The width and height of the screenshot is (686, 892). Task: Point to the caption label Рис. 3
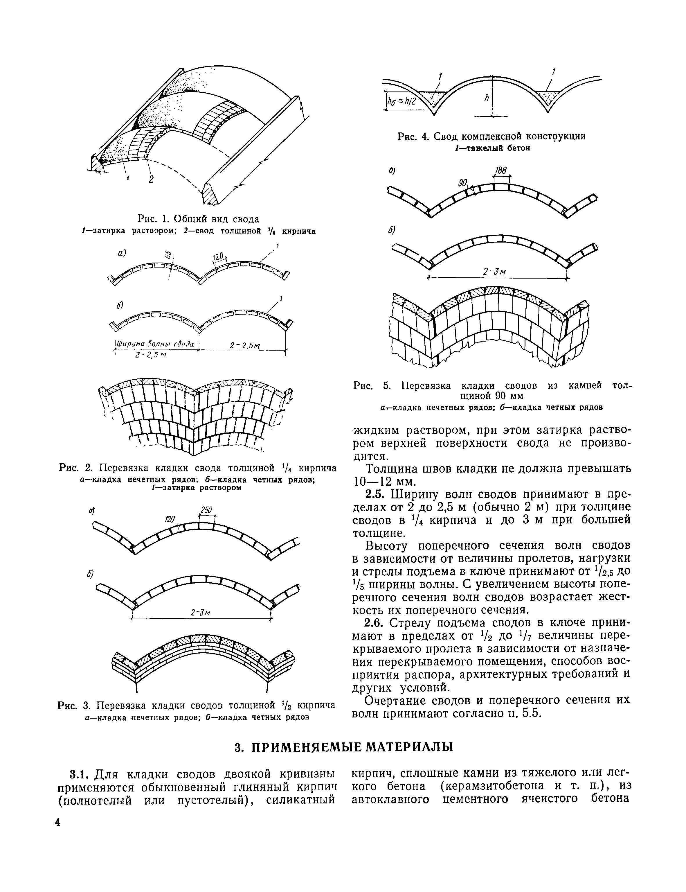tap(74, 705)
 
